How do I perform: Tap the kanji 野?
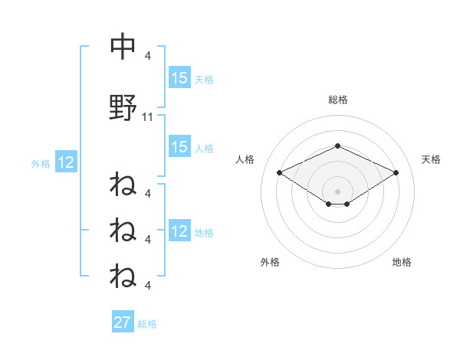coord(123,109)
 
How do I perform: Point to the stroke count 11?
coord(149,117)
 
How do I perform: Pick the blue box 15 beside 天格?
coord(179,78)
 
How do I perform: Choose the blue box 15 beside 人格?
coord(179,147)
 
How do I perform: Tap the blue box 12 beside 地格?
coord(179,231)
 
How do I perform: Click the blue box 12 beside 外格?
coord(65,162)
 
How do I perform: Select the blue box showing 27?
coord(123,322)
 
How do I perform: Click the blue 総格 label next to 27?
coord(147,324)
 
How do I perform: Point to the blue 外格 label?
coord(41,163)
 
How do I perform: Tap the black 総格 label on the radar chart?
coord(337,100)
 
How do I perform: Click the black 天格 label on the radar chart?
coord(431,159)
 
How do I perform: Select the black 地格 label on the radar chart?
coord(402,262)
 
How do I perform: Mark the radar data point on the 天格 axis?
coord(396,172)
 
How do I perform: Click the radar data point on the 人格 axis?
coord(279,172)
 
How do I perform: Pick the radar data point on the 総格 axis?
coord(337,146)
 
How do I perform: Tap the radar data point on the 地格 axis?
coord(347,204)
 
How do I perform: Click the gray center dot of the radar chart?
coord(337,191)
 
